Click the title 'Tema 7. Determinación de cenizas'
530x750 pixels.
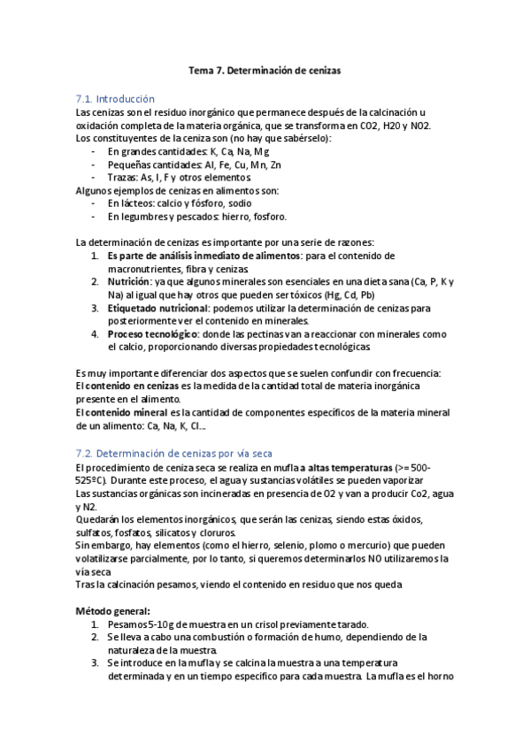tap(265, 67)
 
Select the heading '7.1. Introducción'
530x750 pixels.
tap(116, 99)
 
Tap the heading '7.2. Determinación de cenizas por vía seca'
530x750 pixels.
tap(174, 453)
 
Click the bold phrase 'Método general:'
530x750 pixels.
tap(112, 610)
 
